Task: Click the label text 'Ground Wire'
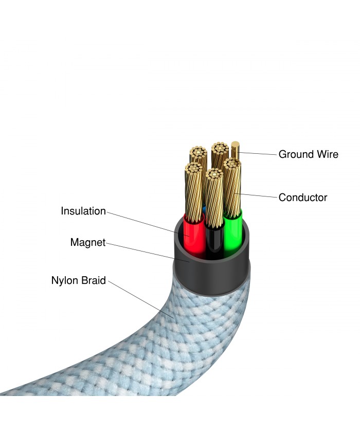[308, 154]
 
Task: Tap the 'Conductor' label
[302, 197]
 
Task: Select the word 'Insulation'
[83, 211]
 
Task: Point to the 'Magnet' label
[87, 242]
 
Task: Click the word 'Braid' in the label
[94, 281]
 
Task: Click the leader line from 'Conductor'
[257, 195]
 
